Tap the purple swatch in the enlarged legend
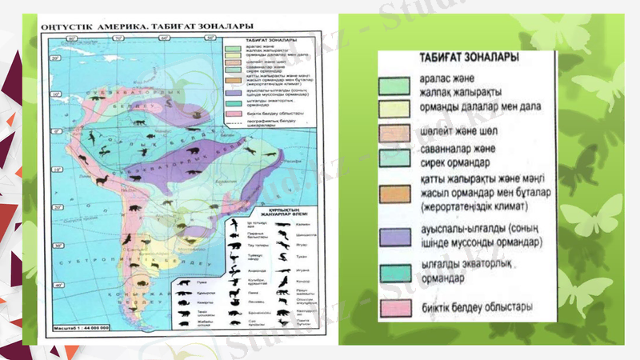point(399,234)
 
